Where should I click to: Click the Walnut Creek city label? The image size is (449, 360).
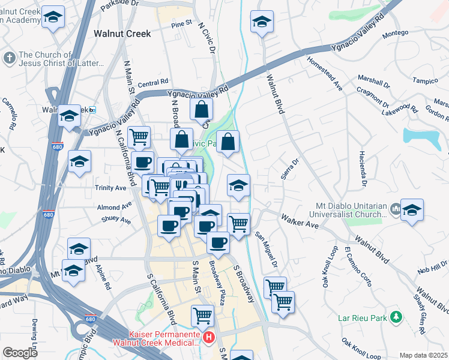[x=122, y=34]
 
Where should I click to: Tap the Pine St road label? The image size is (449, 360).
[x=180, y=25]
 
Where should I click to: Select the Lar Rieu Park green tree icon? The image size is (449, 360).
[x=395, y=316]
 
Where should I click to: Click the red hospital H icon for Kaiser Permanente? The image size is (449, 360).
[x=208, y=338]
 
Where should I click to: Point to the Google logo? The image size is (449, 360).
[x=20, y=353]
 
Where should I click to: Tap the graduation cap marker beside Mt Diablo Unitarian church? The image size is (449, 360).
[x=412, y=210]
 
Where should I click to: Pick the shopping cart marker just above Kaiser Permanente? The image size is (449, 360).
[x=202, y=314]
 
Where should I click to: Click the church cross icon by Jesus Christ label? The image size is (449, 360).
[x=9, y=58]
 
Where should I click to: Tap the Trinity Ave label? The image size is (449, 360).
[x=110, y=188]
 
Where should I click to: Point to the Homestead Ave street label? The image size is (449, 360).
[x=324, y=74]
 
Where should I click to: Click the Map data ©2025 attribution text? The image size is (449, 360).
[x=423, y=355]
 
